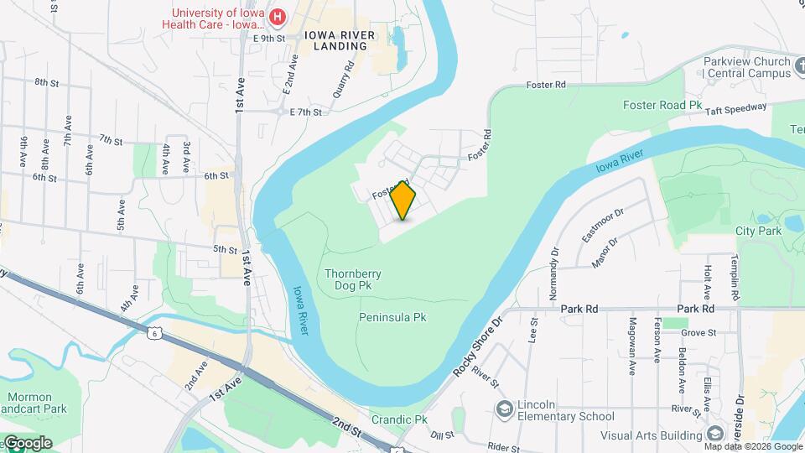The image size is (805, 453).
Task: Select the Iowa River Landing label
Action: click(x=336, y=40)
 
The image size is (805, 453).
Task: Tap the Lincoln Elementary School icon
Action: click(x=505, y=409)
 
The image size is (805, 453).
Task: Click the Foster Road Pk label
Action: click(x=662, y=105)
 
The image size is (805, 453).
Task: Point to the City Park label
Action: click(x=757, y=230)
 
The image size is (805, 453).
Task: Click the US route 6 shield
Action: click(x=155, y=333)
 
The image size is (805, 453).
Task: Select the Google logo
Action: click(x=27, y=443)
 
